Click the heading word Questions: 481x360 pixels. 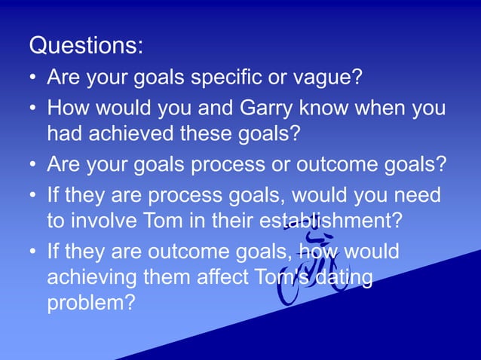(x=85, y=46)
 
